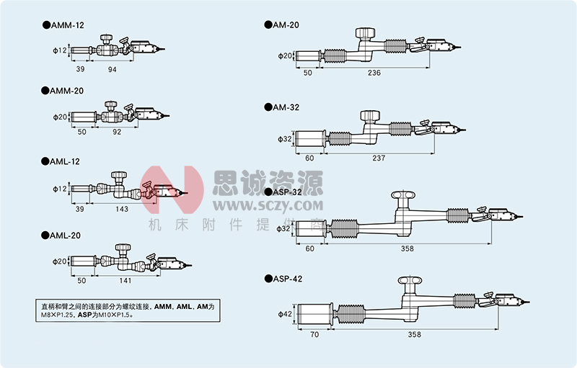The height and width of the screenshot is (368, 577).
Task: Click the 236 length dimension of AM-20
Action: (x=374, y=73)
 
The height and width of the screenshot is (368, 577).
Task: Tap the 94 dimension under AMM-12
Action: (x=112, y=69)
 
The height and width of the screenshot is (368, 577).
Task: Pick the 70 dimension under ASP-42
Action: (x=314, y=336)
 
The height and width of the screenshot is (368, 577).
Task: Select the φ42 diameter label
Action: (x=286, y=315)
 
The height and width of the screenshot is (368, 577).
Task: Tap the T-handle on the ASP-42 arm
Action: (x=410, y=281)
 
